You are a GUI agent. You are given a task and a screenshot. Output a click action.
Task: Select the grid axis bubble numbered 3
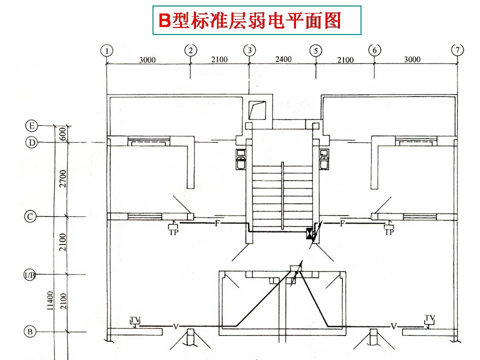(x=249, y=50)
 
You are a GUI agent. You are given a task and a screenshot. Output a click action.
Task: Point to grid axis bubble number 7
(x=457, y=50)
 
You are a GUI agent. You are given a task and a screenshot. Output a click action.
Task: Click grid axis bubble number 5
(x=315, y=50)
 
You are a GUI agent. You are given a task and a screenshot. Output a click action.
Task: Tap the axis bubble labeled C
(x=31, y=216)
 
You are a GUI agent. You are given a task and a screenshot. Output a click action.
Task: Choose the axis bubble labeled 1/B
(x=31, y=275)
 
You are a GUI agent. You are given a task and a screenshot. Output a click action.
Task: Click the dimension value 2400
(x=283, y=59)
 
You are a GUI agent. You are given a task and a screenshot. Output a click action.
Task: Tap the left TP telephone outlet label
(x=173, y=231)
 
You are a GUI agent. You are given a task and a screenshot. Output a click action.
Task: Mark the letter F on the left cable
(x=217, y=222)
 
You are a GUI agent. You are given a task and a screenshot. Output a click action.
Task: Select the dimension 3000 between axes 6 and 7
(x=412, y=59)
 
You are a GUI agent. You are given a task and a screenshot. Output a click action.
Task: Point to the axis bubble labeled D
(x=31, y=143)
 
